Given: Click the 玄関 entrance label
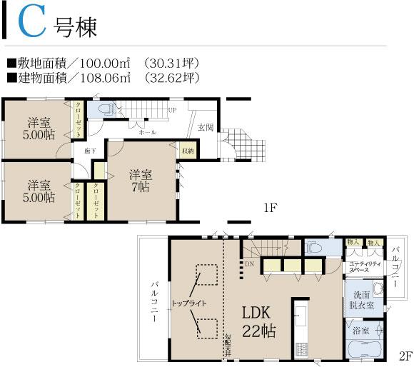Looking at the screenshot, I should tap(206, 127).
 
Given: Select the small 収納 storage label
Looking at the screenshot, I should tap(187, 151).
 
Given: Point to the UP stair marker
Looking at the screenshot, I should tap(172, 111).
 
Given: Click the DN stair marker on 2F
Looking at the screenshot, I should tap(249, 264).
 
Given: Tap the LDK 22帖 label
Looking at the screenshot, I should tap(258, 321).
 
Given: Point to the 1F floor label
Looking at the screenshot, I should tap(269, 208).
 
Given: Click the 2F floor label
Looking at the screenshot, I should tap(405, 355).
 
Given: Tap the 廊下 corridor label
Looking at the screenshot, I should tap(89, 151).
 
